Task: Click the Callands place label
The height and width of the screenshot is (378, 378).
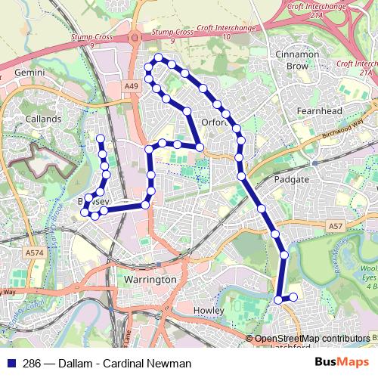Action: point(43,119)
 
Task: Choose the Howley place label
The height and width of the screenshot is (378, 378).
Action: point(209,311)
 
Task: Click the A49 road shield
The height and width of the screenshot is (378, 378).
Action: point(132,88)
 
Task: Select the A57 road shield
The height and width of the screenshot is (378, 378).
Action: point(336,226)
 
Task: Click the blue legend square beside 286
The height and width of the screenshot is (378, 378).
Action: point(10,364)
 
